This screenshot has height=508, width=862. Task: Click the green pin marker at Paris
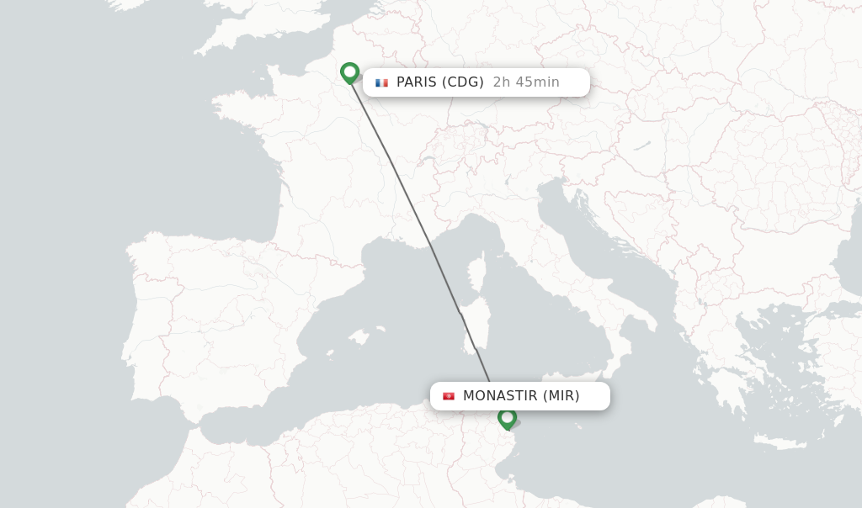pos(349,72)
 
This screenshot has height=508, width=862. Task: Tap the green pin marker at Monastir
pos(507,417)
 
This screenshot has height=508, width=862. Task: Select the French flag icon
pos(381,82)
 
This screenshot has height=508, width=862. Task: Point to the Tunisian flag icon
pos(449,396)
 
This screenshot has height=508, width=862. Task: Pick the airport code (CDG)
pos(463,82)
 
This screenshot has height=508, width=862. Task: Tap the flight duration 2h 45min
pos(526,82)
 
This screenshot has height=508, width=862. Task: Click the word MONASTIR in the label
pos(500,396)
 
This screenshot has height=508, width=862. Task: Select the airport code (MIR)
pos(561,396)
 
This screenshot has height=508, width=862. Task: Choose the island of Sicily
pos(581,374)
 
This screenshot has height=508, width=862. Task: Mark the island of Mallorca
pos(359,337)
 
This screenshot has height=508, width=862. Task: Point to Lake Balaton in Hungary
pos(642,146)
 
